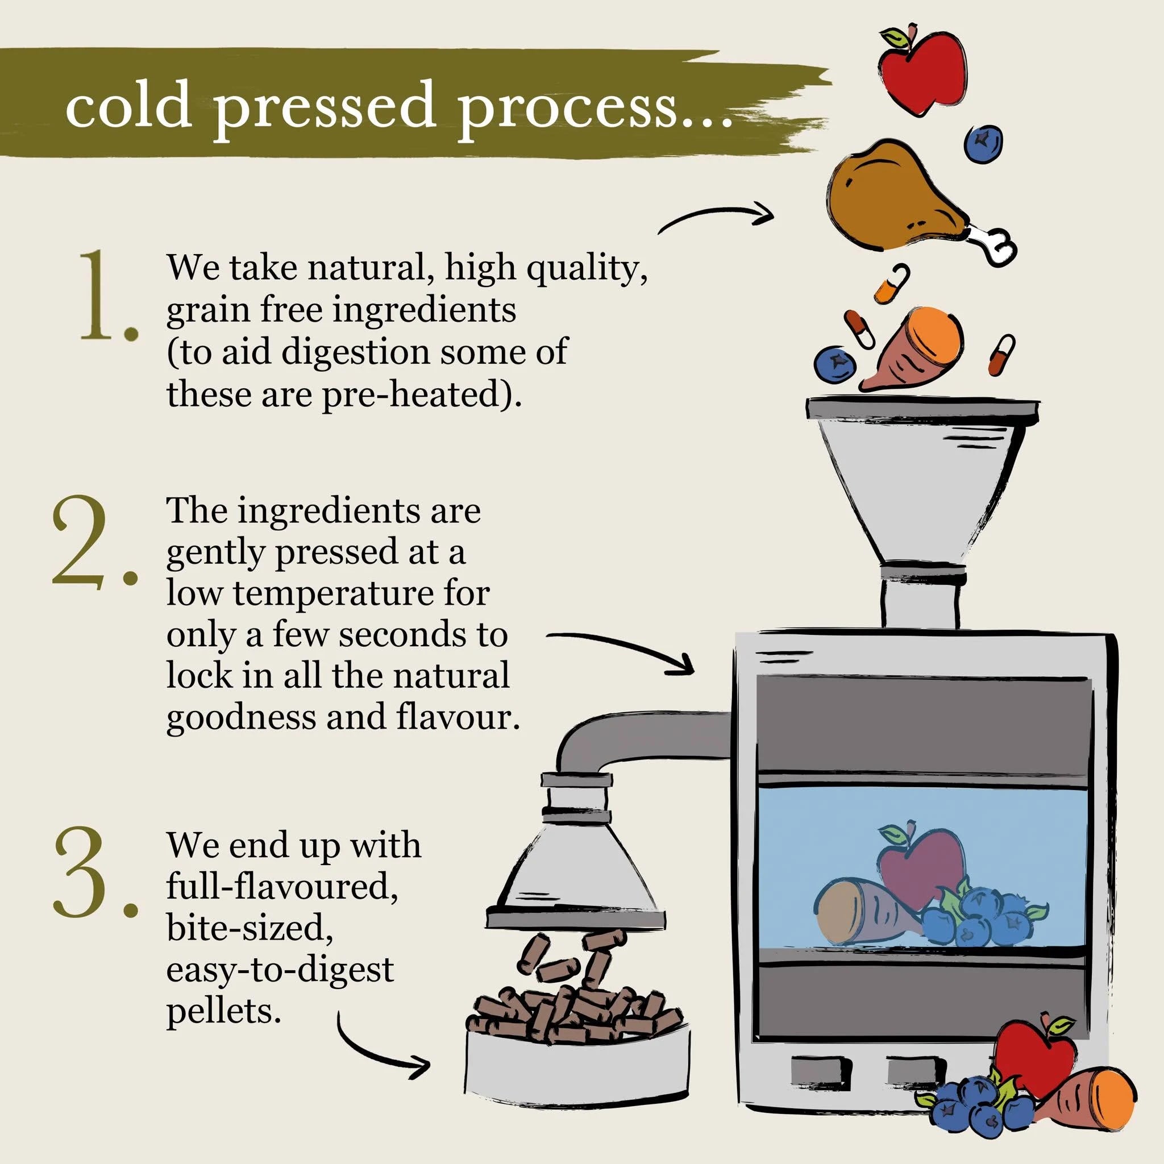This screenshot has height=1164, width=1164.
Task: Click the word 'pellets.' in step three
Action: (x=223, y=1011)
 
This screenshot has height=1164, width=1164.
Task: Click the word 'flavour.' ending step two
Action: (x=458, y=717)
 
